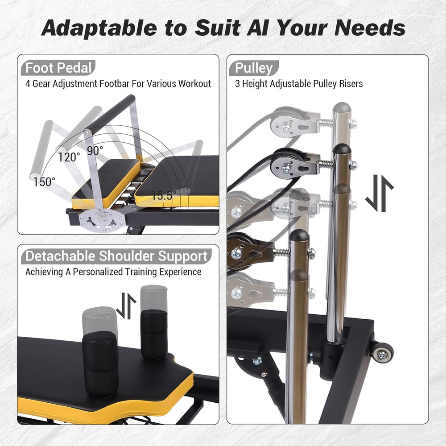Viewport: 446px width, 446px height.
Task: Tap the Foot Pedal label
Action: click(x=58, y=68)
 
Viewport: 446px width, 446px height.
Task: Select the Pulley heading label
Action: click(x=253, y=68)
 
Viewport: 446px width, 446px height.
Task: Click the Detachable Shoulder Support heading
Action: click(x=116, y=256)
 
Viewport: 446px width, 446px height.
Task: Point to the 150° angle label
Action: click(x=45, y=182)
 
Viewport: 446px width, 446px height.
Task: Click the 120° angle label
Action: click(x=69, y=157)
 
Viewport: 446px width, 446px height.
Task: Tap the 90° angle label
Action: click(x=95, y=151)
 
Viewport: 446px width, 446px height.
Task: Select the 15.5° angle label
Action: click(x=163, y=195)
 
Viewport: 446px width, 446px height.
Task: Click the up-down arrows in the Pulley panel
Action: click(x=379, y=193)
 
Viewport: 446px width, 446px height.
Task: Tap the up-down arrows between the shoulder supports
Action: click(x=126, y=306)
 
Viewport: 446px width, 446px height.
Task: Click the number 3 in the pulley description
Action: click(x=238, y=83)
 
